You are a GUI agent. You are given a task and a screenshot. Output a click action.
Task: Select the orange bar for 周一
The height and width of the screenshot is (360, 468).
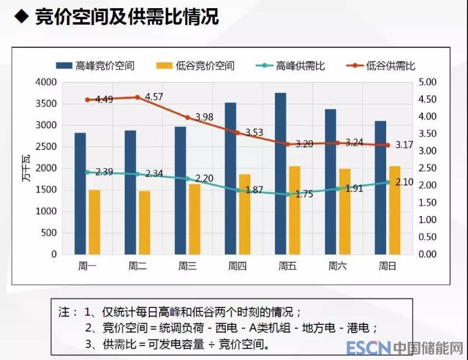click(95, 222)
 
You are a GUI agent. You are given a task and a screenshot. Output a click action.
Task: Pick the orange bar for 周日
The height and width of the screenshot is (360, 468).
click(395, 210)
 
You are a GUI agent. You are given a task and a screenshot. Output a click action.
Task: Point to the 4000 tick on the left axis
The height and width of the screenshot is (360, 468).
click(46, 83)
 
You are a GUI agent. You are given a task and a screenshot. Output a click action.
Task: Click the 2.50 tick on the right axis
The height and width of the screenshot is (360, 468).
click(429, 169)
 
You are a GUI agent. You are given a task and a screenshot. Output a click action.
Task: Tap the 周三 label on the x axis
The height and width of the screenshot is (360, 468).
click(187, 266)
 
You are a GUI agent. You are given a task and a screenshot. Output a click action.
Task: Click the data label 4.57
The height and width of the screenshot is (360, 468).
click(153, 97)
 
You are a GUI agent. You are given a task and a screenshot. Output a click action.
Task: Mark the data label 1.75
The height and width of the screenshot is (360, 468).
click(304, 194)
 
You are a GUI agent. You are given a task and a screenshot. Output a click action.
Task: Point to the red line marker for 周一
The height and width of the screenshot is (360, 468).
click(87, 100)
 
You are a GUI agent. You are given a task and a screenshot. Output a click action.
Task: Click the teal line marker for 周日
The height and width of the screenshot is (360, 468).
click(387, 182)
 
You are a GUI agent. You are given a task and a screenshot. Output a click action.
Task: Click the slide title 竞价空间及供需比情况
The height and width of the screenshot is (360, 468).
click(127, 17)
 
